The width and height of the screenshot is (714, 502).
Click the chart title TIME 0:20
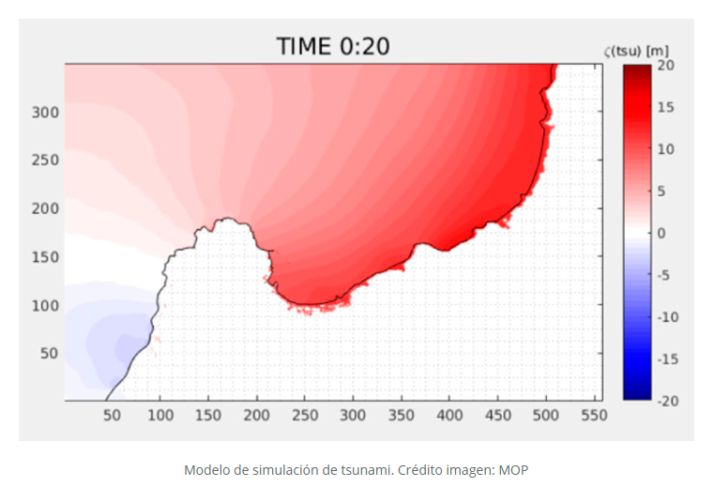click(x=333, y=46)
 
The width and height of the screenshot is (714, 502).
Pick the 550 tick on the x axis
click(x=593, y=414)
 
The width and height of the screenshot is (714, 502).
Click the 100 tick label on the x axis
click(x=160, y=414)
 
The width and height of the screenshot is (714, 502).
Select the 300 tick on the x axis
click(x=353, y=414)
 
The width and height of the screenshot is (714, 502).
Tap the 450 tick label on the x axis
click(x=497, y=414)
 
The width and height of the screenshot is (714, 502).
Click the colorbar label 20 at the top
click(x=666, y=65)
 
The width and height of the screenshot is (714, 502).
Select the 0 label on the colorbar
click(x=661, y=233)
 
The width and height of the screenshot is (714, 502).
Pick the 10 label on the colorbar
click(x=665, y=149)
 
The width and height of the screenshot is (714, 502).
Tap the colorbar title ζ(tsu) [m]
click(x=637, y=50)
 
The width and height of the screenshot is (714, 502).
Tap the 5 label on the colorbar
click(x=661, y=191)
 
